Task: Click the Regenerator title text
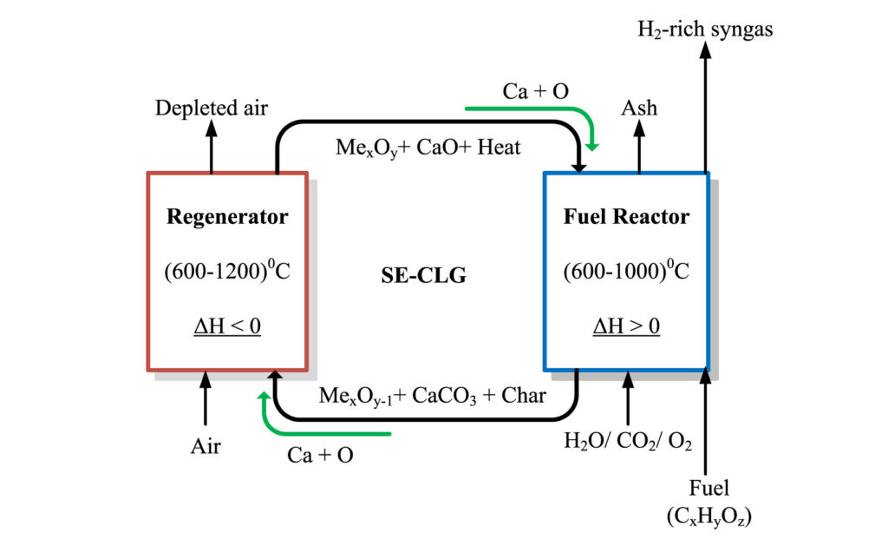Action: (227, 217)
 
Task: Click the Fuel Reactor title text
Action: (626, 216)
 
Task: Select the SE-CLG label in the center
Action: (423, 275)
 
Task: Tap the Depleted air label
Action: (212, 108)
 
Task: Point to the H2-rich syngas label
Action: (705, 29)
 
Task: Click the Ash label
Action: (639, 108)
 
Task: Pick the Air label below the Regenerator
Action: (206, 446)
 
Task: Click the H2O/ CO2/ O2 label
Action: (628, 441)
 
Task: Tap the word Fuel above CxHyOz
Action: (708, 488)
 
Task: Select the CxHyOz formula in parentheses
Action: (709, 516)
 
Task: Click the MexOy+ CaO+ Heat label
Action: (428, 148)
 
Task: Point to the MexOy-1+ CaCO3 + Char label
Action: (432, 396)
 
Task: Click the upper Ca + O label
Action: (536, 91)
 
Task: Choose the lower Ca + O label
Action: (320, 455)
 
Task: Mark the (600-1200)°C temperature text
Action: (227, 270)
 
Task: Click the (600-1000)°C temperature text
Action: (626, 270)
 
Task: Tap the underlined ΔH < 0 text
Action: (227, 326)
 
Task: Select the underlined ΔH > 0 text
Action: (626, 326)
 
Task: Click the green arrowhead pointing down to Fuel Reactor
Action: (591, 146)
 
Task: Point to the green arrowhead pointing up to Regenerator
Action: (264, 396)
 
